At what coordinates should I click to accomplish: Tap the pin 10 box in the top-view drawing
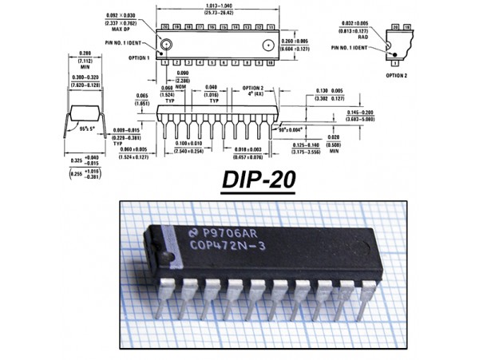pyautogui.click(x=272, y=61)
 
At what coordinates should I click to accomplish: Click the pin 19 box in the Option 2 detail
pyautogui.click(x=405, y=27)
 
